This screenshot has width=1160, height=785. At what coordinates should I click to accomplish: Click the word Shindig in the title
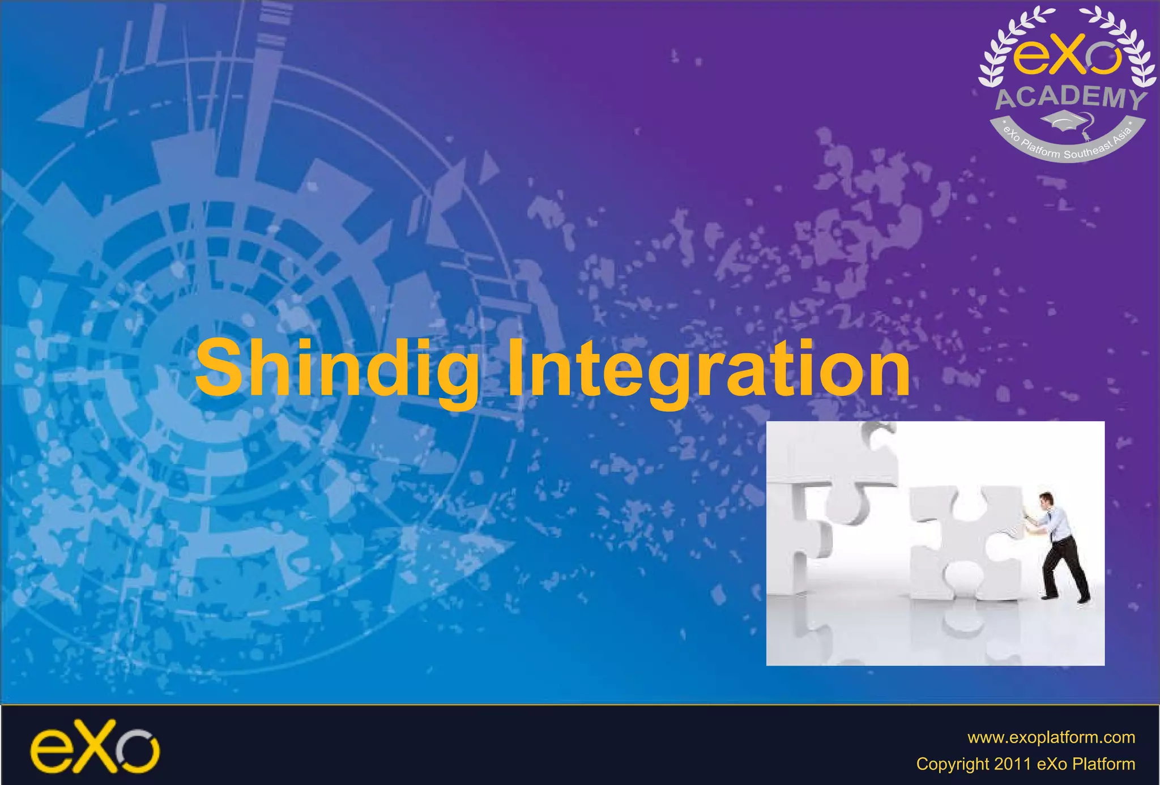(x=336, y=368)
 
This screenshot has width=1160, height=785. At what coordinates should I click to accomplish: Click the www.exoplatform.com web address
(x=1051, y=737)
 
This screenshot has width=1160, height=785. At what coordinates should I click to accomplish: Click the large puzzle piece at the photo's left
(x=821, y=498)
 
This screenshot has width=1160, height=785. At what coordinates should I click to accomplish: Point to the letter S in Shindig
(x=219, y=368)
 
